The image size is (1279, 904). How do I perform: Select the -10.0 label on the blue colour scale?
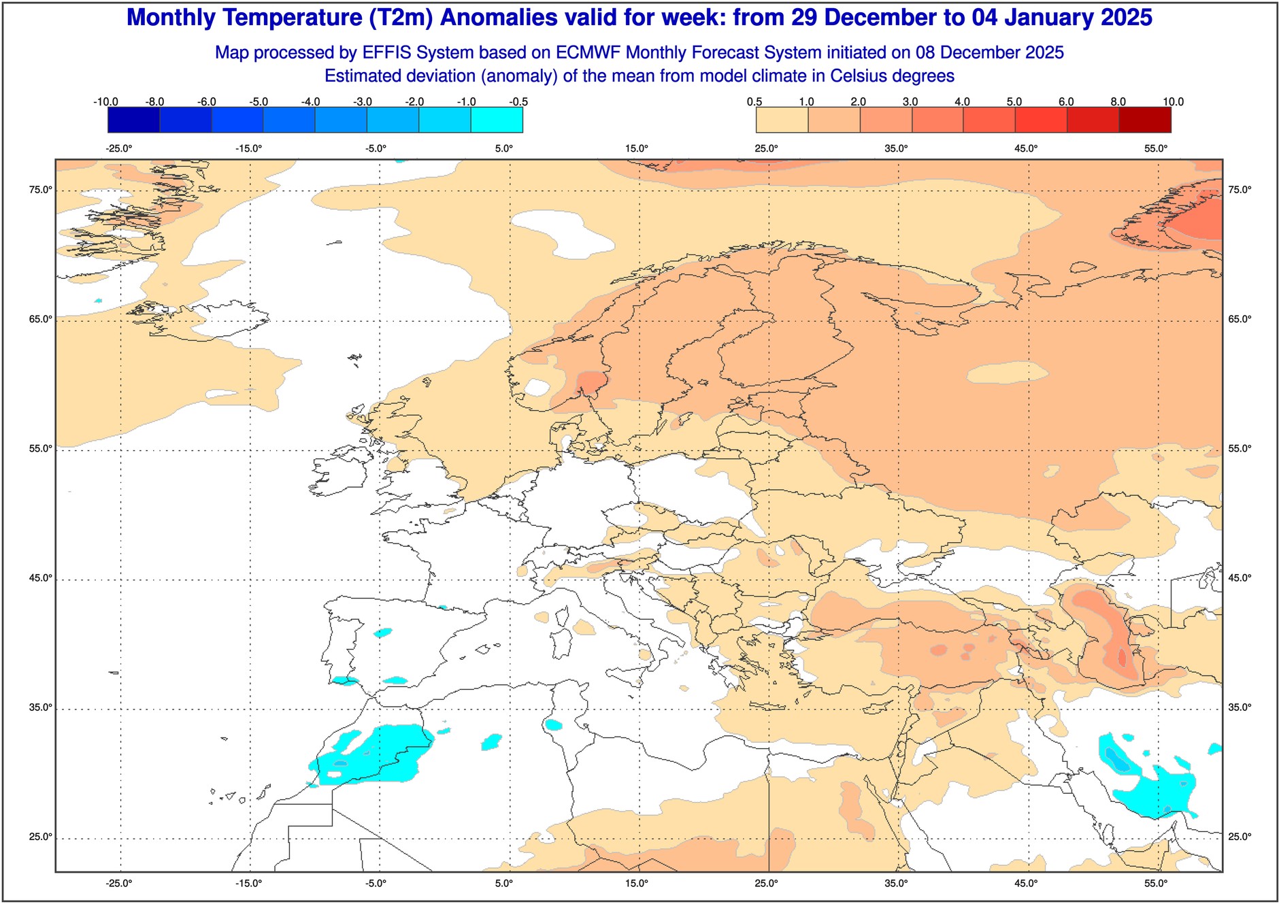click(105, 102)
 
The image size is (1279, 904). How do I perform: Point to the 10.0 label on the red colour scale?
click(1173, 102)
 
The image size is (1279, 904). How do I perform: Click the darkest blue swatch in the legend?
click(133, 120)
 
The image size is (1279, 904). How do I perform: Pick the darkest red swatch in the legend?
click(1145, 120)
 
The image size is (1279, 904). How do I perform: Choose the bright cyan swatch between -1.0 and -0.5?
click(497, 120)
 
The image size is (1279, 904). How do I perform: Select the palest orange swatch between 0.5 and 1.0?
click(782, 120)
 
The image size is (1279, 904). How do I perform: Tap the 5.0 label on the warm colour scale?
click(1014, 102)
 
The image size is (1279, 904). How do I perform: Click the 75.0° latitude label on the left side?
click(40, 190)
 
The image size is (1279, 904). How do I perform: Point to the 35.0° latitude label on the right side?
click(1240, 707)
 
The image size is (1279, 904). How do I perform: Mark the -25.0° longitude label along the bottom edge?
click(118, 884)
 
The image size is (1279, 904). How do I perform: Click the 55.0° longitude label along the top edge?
click(1156, 148)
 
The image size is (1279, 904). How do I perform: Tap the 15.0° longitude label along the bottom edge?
click(637, 884)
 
